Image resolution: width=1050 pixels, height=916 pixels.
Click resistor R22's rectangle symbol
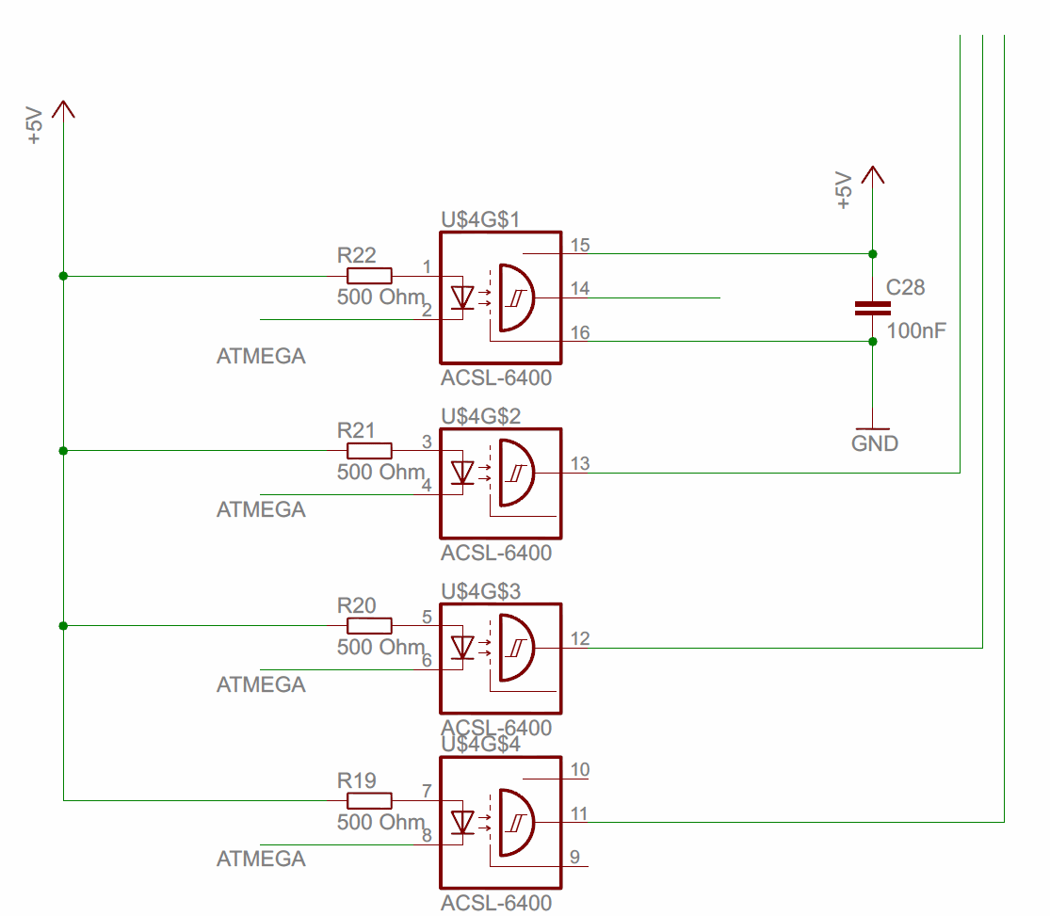[370, 276]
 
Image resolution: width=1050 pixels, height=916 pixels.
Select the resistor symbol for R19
[370, 800]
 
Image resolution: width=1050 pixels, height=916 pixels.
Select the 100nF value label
[916, 331]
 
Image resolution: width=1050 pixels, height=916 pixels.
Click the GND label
[875, 442]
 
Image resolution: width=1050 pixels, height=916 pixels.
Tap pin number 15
[580, 246]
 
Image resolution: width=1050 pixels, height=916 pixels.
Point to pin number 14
[580, 289]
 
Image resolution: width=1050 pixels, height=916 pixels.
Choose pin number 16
[580, 333]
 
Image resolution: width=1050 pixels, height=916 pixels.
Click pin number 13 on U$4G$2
[580, 463]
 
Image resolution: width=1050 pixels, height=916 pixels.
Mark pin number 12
[580, 639]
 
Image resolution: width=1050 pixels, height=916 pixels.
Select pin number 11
[580, 813]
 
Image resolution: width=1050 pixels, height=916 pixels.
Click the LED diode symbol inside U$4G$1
[462, 298]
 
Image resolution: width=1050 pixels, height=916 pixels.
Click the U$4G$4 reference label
[494, 745]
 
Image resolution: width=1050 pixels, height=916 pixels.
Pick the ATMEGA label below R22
[261, 357]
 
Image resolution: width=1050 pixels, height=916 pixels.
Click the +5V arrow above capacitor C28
[872, 176]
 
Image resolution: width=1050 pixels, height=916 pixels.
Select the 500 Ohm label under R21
[380, 472]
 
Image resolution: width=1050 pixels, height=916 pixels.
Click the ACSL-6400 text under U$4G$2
[496, 553]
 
